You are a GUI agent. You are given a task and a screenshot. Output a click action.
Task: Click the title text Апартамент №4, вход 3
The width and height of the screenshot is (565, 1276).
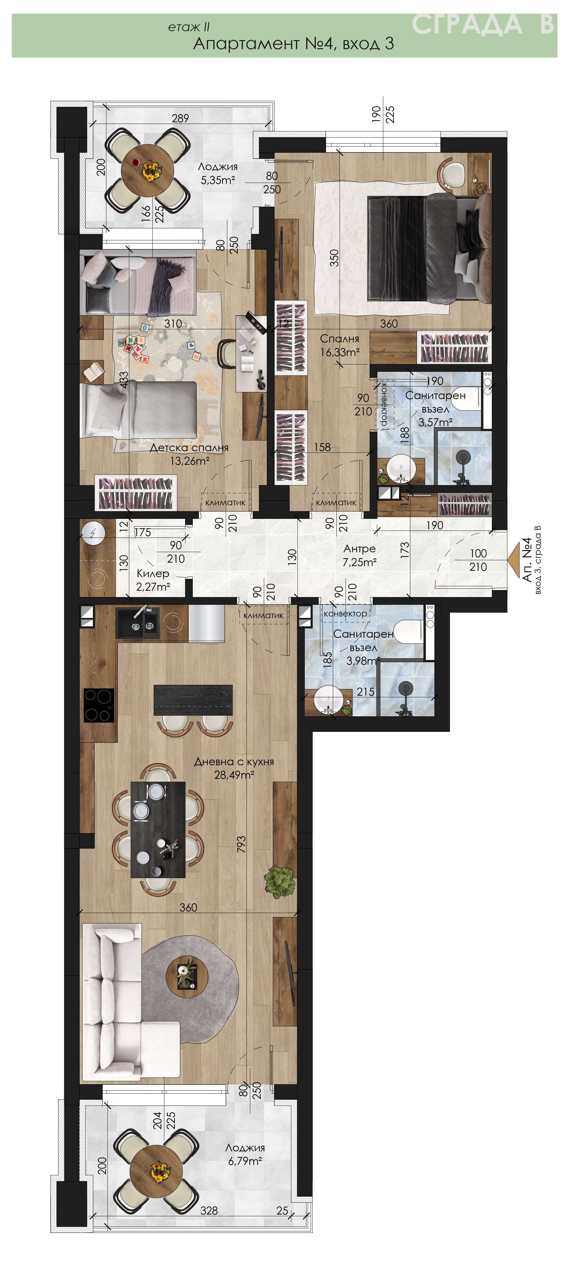click(294, 44)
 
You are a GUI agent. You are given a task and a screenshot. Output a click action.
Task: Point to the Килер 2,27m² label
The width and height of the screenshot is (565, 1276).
click(153, 580)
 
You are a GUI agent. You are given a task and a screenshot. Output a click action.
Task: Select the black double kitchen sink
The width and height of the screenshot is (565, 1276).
click(137, 623)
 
